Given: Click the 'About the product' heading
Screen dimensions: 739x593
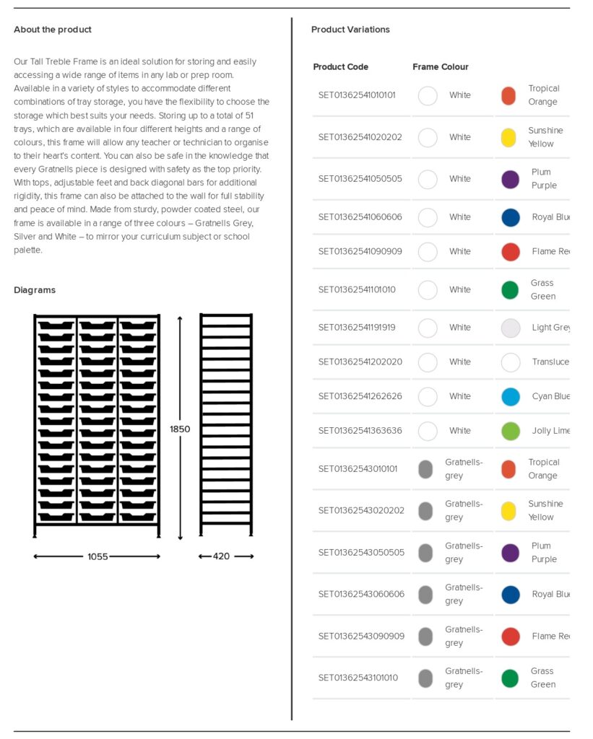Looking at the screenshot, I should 53,30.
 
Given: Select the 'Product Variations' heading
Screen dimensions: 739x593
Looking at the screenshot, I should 350,30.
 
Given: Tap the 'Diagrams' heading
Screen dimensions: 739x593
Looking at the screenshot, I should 35,290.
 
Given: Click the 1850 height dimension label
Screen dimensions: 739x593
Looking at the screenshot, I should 180,429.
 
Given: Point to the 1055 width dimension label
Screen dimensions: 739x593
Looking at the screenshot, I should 98,556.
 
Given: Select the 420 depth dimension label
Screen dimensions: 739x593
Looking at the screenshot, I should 222,556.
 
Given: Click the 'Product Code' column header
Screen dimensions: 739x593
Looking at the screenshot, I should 340,67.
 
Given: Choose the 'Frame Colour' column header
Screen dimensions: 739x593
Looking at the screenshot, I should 441,67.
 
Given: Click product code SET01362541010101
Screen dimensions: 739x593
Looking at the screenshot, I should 357,95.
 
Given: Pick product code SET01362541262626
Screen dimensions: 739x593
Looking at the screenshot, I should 360,396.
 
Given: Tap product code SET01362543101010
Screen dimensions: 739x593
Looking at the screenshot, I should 358,678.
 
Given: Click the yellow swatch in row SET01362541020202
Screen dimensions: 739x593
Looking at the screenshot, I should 509,137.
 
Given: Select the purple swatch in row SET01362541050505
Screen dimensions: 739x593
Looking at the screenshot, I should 510,179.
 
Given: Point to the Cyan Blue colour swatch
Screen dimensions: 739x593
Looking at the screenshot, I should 511,396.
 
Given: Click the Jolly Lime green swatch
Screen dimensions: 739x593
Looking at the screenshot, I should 511,431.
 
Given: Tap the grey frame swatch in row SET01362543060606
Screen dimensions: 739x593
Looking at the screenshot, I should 425,594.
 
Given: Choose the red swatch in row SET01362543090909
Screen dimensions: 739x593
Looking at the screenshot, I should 511,636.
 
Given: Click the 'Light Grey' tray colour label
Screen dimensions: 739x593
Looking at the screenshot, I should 551,328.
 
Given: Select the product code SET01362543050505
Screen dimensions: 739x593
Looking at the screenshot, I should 361,553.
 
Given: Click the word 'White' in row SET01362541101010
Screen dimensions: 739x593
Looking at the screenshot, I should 459,290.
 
